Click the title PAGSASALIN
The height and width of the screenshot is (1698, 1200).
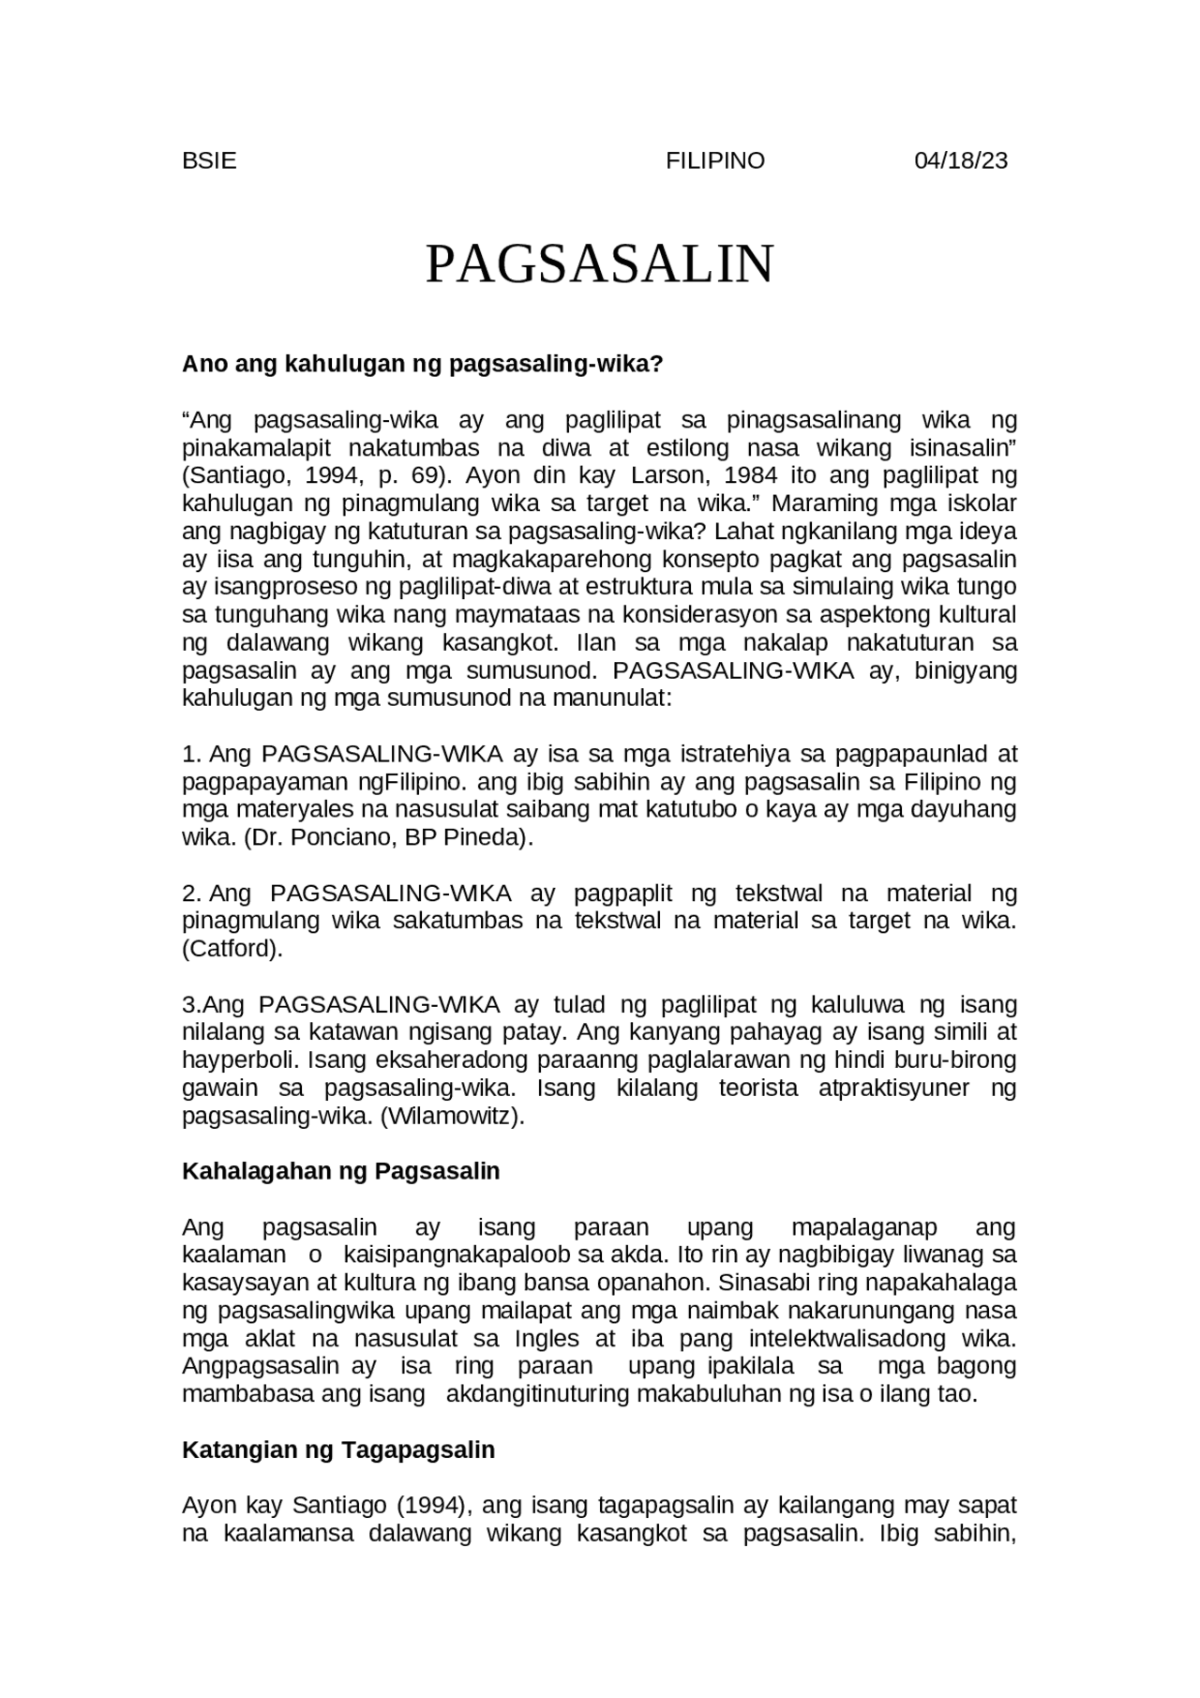(600, 264)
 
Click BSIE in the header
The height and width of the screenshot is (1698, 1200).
(209, 160)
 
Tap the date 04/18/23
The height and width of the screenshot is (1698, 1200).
(960, 160)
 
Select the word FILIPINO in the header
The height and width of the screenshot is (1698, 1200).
(715, 160)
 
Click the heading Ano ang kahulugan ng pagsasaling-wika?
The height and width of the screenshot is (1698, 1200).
(422, 364)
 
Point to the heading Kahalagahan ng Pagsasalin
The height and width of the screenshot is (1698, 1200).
(340, 1171)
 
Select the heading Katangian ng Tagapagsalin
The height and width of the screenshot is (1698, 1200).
(337, 1450)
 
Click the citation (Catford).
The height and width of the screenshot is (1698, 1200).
(232, 949)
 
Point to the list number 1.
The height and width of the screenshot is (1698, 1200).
(191, 754)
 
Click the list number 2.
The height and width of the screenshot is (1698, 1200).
(191, 894)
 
